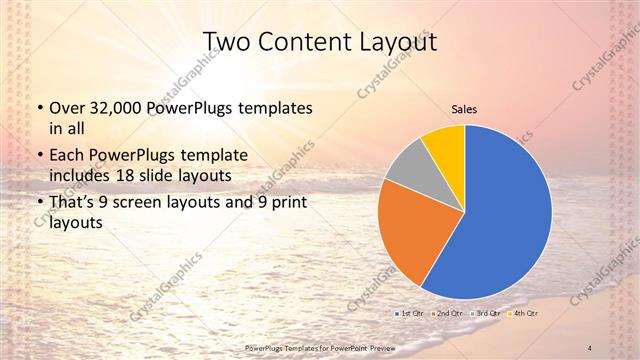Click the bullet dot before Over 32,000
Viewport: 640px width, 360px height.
point(38,107)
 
